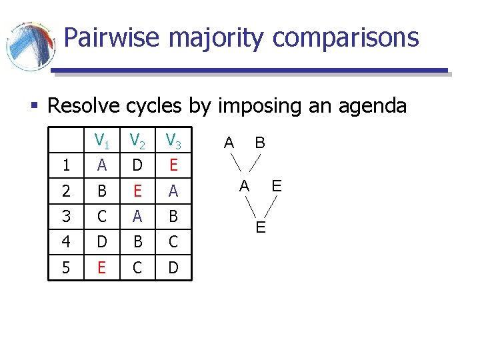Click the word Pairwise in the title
pos(112,37)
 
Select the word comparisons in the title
pos(346,39)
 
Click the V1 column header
pos(102,141)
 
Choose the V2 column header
pos(138,141)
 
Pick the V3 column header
pos(173,141)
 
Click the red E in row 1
pos(173,165)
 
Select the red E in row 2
pos(137,191)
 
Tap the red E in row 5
pos(101,267)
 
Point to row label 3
pos(65,217)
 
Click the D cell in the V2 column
pos(137,165)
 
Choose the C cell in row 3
pos(101,217)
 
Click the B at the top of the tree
pos(261,142)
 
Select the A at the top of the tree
pos(229,142)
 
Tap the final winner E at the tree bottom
pos(261,228)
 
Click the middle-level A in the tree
pos(245,185)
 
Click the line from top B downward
pos(253,163)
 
